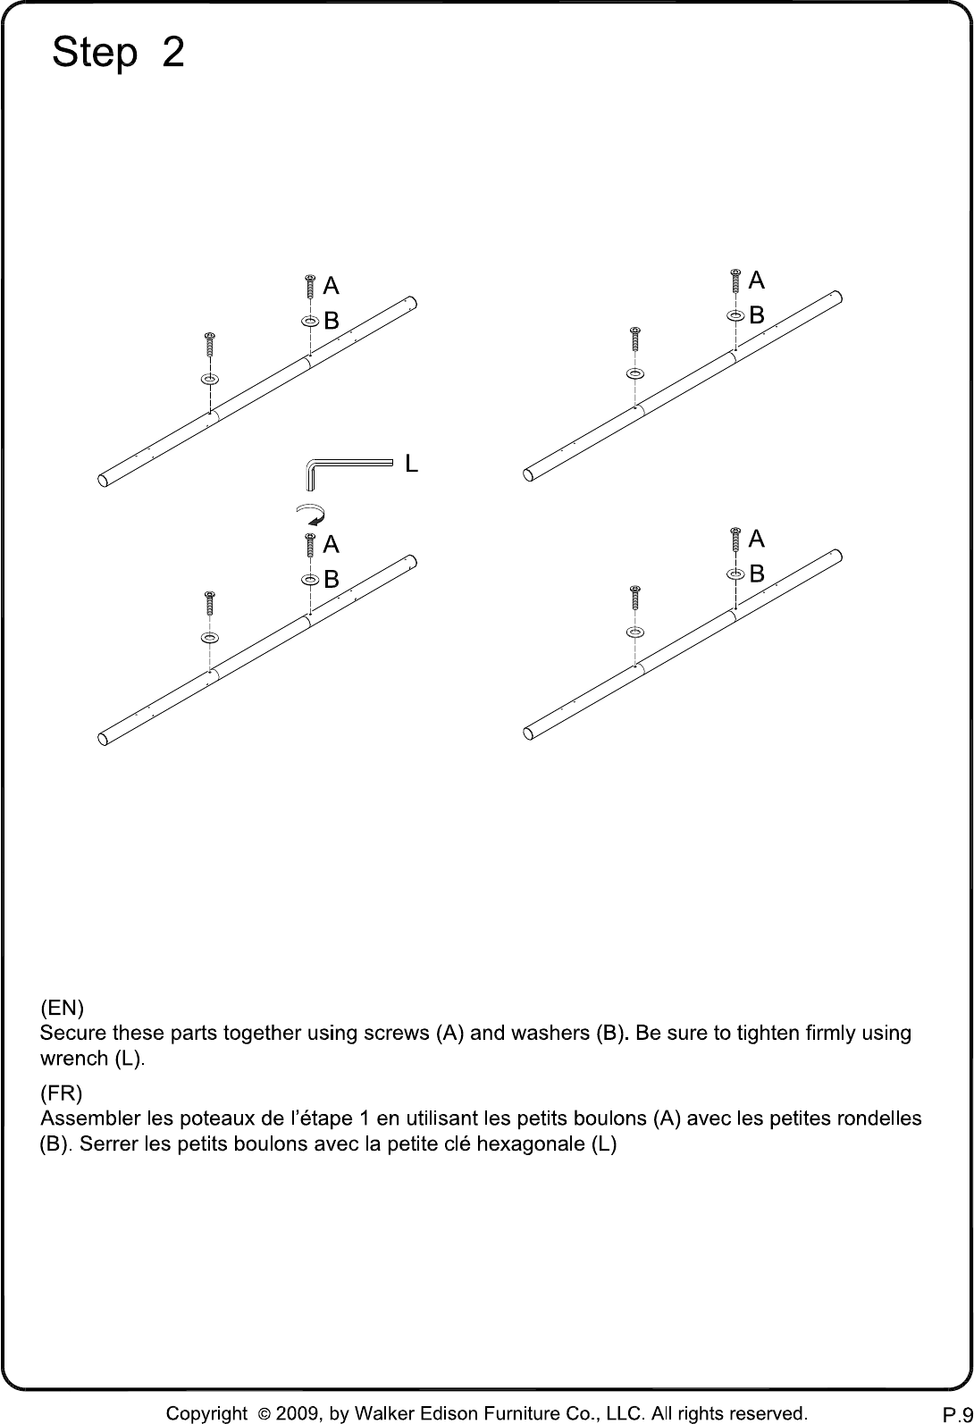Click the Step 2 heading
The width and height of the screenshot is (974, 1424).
[118, 52]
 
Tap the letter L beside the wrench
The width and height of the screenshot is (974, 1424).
[412, 464]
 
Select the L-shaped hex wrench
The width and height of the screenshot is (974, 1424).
[348, 473]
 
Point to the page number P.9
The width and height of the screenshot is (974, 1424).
[958, 1414]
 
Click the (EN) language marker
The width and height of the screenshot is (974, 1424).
[63, 1008]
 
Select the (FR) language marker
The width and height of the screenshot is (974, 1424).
[62, 1093]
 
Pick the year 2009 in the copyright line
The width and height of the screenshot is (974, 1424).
[298, 1413]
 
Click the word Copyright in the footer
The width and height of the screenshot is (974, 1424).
[206, 1414]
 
